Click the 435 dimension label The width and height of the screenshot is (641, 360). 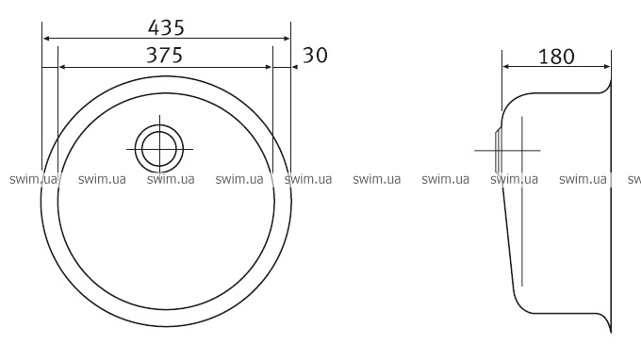pos(166,27)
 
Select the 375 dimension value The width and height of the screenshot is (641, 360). pos(164,56)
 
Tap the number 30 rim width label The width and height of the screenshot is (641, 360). pos(315,56)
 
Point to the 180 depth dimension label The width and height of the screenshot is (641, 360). pos(556,57)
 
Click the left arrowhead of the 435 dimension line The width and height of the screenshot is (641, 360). pos(46,39)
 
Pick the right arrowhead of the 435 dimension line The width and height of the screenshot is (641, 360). pos(287,39)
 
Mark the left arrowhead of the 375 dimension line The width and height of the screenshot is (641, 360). pos(62,67)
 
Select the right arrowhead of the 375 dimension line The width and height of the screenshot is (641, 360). pos(268,67)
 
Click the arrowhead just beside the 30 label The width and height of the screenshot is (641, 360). pos(295,67)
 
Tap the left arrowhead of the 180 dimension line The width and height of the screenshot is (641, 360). pos(506,67)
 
